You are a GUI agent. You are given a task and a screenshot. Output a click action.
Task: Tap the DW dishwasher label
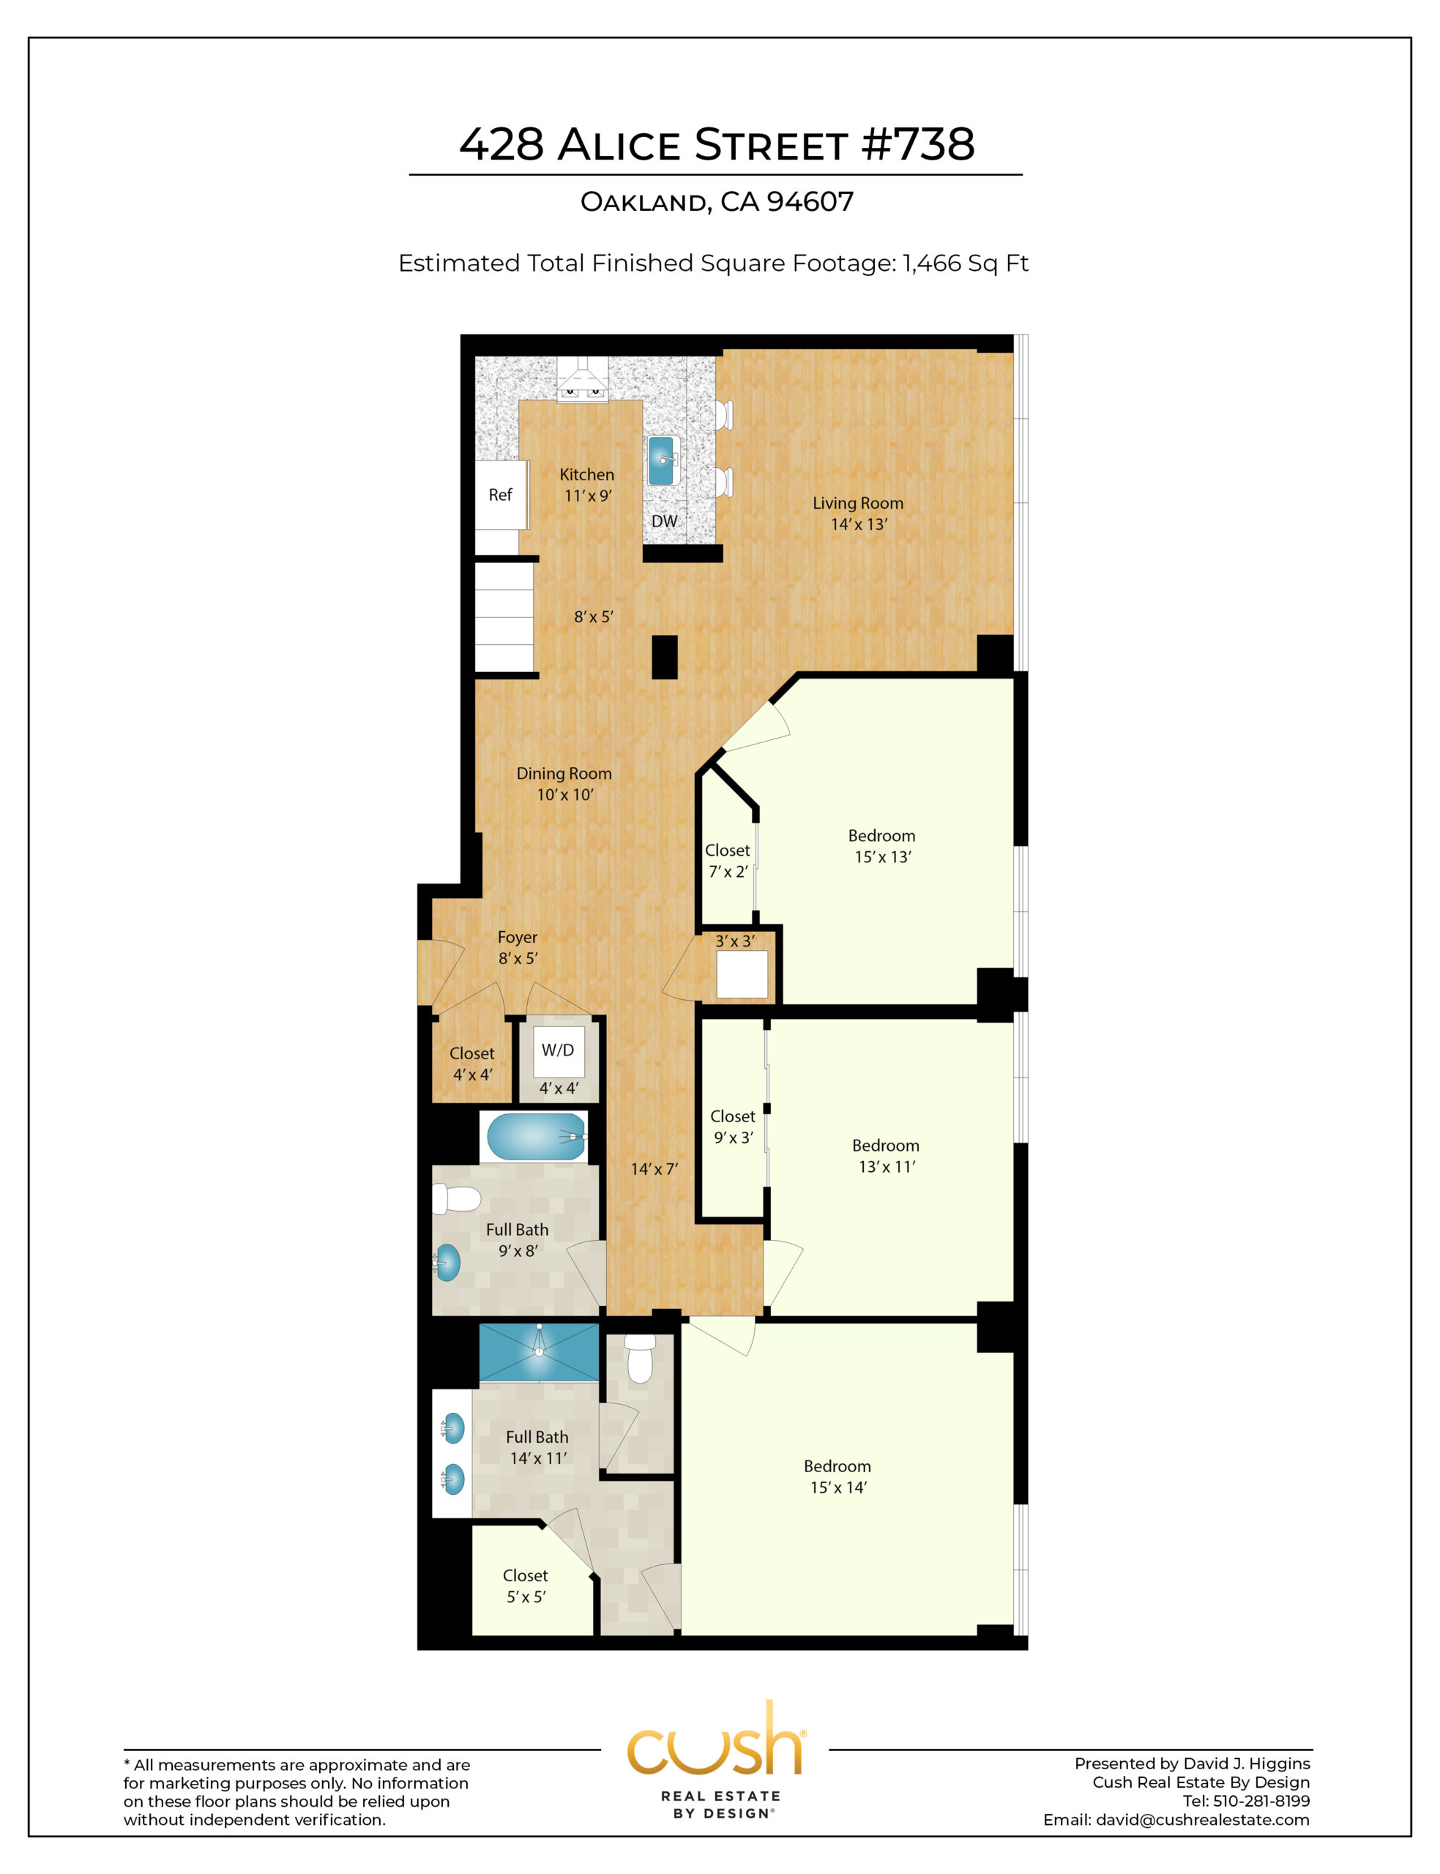[664, 521]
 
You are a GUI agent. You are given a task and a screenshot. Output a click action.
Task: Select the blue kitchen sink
[661, 460]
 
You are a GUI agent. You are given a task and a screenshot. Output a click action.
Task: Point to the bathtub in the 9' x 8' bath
[537, 1136]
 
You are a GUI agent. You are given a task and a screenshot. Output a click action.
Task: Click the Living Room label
[858, 503]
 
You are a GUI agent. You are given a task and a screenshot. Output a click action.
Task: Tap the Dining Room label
[564, 773]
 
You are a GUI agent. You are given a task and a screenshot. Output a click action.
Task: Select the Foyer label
[518, 938]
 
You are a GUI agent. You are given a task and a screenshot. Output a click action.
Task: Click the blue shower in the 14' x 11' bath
[539, 1352]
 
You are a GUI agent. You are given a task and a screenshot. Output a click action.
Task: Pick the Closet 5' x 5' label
[526, 1586]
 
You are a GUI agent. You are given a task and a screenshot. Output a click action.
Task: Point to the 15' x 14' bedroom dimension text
[838, 1487]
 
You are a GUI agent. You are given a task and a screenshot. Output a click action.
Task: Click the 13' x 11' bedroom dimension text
[887, 1166]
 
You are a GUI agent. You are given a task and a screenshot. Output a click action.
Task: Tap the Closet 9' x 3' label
[733, 1127]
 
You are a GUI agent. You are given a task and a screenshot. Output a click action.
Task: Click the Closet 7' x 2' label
[728, 860]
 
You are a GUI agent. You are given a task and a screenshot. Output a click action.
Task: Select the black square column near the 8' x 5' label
[664, 657]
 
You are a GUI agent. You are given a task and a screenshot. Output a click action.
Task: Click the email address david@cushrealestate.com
[1203, 1820]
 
